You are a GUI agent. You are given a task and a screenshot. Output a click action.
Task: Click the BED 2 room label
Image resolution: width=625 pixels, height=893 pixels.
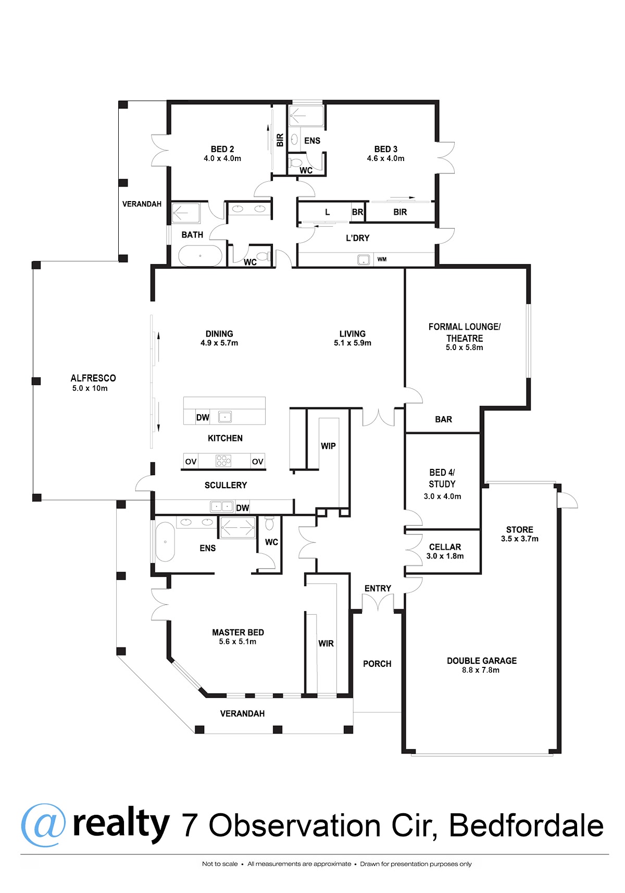tap(222, 149)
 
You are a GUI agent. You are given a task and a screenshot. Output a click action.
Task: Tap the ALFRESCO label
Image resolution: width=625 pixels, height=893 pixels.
tap(93, 378)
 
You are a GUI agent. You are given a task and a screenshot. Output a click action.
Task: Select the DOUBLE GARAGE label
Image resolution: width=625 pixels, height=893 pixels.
tap(481, 661)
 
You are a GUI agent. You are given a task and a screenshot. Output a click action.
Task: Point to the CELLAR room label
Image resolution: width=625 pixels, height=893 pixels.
tap(445, 547)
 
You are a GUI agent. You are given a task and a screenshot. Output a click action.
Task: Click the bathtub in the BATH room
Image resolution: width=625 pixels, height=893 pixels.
tap(200, 255)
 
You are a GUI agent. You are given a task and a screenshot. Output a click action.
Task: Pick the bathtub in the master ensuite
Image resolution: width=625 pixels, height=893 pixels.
tap(165, 542)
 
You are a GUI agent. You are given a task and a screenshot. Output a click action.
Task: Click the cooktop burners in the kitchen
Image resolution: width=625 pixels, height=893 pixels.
tap(223, 461)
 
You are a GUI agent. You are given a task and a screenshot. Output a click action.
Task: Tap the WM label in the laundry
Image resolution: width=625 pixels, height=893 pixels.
tap(382, 259)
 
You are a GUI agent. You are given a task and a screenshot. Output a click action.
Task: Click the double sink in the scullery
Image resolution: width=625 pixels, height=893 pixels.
tap(222, 506)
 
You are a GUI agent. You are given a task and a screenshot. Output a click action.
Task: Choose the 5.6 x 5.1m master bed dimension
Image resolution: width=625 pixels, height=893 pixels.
tap(238, 641)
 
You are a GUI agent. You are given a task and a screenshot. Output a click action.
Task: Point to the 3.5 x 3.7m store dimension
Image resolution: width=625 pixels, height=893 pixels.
tap(520, 539)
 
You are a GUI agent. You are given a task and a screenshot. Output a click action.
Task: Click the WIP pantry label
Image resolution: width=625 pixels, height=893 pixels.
tap(328, 446)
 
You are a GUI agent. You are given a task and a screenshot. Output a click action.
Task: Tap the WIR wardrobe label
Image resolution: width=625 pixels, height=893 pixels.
tap(326, 643)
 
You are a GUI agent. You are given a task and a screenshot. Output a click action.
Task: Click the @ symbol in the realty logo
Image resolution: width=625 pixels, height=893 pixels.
tap(43, 825)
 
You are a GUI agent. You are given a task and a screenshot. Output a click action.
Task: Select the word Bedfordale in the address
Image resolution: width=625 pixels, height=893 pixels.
tap(526, 825)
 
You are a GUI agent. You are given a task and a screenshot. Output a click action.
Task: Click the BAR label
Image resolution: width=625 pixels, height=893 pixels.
tap(444, 419)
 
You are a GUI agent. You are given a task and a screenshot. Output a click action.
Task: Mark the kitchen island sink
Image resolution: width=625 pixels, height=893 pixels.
tap(225, 417)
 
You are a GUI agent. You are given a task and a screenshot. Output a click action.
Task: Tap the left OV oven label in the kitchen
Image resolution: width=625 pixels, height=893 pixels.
tap(191, 462)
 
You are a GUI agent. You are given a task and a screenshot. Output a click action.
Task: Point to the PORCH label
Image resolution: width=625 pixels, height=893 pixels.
tap(377, 664)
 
